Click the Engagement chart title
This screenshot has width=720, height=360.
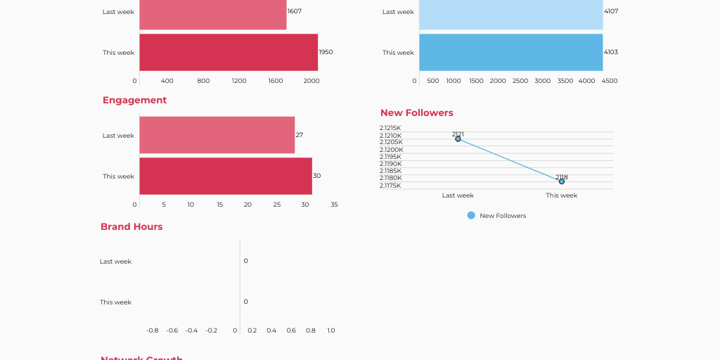pyautogui.click(x=134, y=101)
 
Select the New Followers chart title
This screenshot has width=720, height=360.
pyautogui.click(x=416, y=113)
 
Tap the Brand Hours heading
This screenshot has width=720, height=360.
pyautogui.click(x=131, y=227)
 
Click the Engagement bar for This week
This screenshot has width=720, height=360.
pyautogui.click(x=225, y=176)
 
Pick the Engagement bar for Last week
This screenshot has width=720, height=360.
pyautogui.click(x=217, y=135)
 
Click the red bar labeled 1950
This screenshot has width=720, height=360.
pyautogui.click(x=229, y=52)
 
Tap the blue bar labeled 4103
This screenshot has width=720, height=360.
pyautogui.click(x=510, y=52)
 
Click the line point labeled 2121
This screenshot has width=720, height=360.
pyautogui.click(x=458, y=139)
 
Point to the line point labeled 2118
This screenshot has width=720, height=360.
pyautogui.click(x=562, y=181)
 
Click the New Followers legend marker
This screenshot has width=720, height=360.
pyautogui.click(x=471, y=215)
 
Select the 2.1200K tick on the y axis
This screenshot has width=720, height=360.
pyautogui.click(x=391, y=150)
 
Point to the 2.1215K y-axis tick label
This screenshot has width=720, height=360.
pyautogui.click(x=390, y=128)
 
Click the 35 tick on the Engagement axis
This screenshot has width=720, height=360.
pyautogui.click(x=334, y=205)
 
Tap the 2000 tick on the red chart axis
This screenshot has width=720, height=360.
pyautogui.click(x=311, y=81)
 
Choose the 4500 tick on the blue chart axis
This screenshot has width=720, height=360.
pyautogui.click(x=609, y=81)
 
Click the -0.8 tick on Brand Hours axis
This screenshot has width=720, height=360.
pyautogui.click(x=152, y=330)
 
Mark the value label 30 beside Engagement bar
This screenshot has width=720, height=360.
pyautogui.click(x=316, y=176)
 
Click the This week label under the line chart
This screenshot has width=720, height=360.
pyautogui.click(x=561, y=195)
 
